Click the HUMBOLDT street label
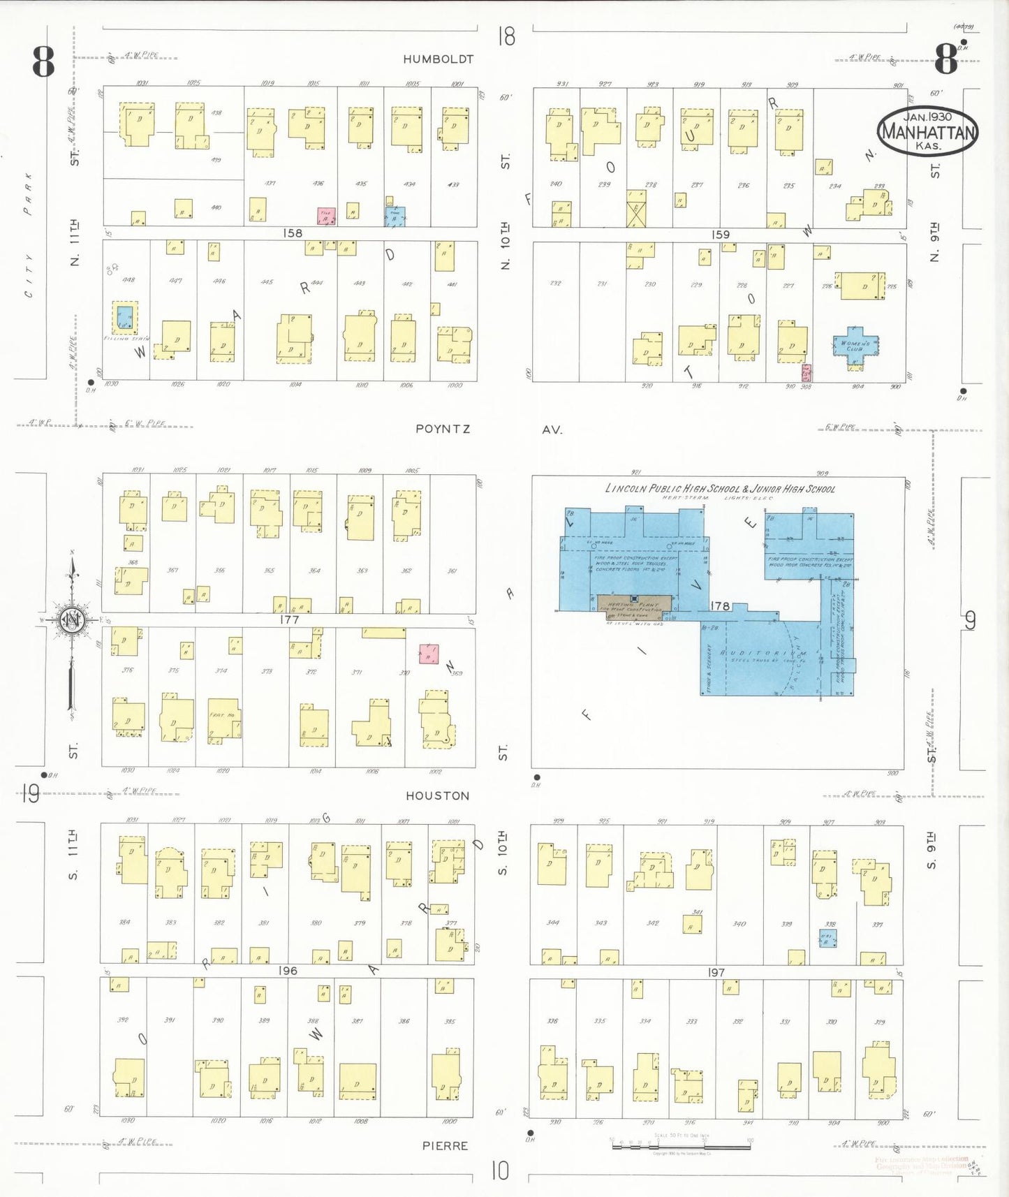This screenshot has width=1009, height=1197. [x=438, y=59]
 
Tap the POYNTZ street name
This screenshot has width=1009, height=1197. [x=443, y=429]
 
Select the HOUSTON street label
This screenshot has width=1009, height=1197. [x=438, y=795]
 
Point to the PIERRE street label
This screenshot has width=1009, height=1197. [x=445, y=1145]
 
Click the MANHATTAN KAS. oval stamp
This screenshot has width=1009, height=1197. [x=927, y=131]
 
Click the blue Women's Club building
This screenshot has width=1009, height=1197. [x=855, y=346]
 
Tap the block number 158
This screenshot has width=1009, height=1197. [x=293, y=233]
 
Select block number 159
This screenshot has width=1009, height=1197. [x=721, y=235]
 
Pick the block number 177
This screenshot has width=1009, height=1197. [x=289, y=619]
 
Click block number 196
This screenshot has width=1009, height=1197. [x=288, y=971]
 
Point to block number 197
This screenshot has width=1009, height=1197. [x=716, y=972]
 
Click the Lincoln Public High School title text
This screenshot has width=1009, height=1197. [x=719, y=489]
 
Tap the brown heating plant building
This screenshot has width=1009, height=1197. [x=634, y=603]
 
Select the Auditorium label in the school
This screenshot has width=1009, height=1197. [x=763, y=654]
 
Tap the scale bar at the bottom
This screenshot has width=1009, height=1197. [x=681, y=1145]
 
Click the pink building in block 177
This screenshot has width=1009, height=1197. [x=429, y=653]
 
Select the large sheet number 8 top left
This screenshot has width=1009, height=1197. [x=43, y=61]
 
